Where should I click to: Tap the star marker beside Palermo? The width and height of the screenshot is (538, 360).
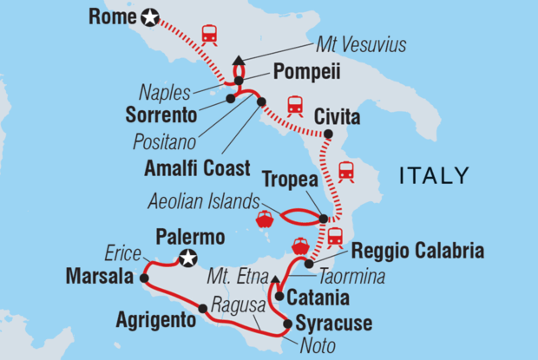click(x=187, y=257)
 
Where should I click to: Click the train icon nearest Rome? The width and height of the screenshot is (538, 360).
click(x=209, y=35)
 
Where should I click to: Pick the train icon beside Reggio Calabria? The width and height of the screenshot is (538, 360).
click(x=336, y=237)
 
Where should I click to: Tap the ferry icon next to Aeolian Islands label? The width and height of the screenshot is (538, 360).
click(x=266, y=219)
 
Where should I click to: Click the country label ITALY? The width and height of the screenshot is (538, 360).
click(x=434, y=176)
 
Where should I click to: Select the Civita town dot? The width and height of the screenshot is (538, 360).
click(x=328, y=134)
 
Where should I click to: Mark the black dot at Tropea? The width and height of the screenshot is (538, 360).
click(x=324, y=219)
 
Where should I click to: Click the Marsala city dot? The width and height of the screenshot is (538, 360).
click(x=144, y=278)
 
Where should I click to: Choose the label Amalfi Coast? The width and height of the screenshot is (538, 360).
click(x=209, y=168)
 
